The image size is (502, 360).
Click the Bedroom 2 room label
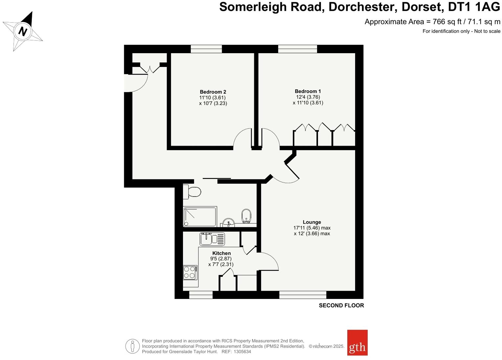coord(213,92)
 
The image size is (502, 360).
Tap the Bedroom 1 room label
coord(308,91)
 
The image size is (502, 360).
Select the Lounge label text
coord(312,222)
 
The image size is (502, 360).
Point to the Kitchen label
coord(221,253)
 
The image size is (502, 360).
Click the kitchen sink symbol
coord(212,239)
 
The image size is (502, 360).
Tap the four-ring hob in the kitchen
coord(190,272)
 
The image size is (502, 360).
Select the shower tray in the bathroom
coord(200,216)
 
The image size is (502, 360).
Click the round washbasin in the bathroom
coord(228,223)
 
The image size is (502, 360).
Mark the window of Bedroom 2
coord(206,49)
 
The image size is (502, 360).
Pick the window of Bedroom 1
coord(297,49)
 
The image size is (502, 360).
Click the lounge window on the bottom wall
coord(303,295)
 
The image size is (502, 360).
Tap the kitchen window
coord(201,295)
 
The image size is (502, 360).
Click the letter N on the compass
coord(23,32)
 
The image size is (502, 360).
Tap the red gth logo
coord(357,343)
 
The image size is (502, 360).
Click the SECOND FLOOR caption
coord(341,305)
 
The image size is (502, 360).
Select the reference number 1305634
coord(242,351)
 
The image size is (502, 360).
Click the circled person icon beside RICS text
coord(132,346)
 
